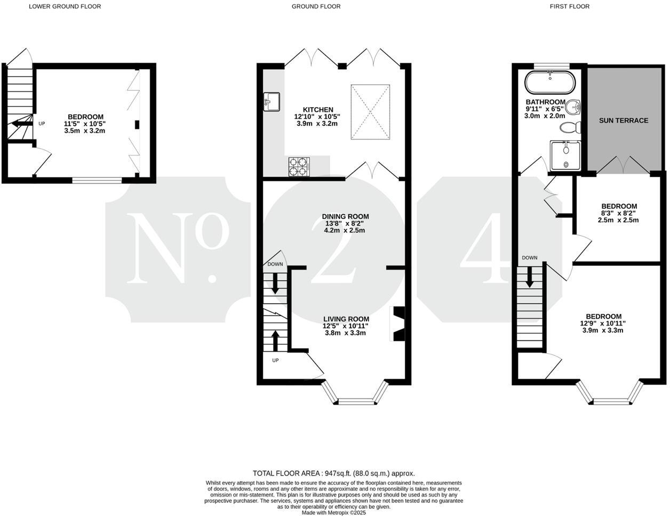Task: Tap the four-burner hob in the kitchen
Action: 299,167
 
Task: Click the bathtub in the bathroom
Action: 550,83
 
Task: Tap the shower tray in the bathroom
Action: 566,155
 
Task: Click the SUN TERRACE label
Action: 623,120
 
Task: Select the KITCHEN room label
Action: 318,110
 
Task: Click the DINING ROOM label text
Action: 345,216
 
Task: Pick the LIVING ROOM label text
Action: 346,319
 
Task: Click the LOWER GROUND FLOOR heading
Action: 65,6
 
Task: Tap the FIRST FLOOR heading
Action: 570,6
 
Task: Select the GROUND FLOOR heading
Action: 316,6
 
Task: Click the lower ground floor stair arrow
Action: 21,124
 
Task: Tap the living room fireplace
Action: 398,323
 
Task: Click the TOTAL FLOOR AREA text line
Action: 333,473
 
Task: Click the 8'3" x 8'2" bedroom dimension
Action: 619,213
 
